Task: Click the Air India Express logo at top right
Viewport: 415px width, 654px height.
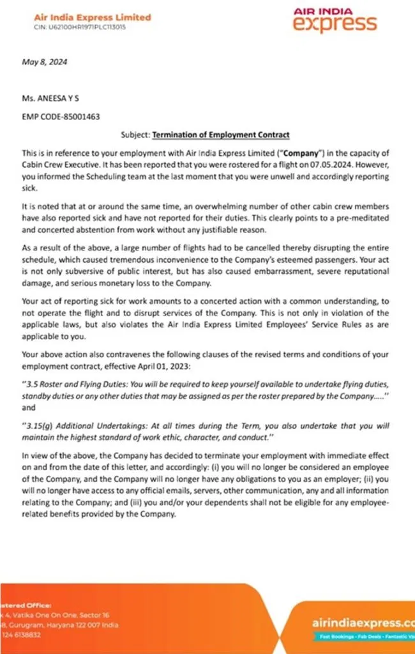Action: pos(335,20)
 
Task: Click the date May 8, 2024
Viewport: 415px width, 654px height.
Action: pos(45,63)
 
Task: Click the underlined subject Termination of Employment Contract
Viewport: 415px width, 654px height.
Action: pos(221,135)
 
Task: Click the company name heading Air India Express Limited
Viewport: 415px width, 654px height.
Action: pos(93,17)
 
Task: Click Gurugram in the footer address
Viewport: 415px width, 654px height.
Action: pos(30,625)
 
